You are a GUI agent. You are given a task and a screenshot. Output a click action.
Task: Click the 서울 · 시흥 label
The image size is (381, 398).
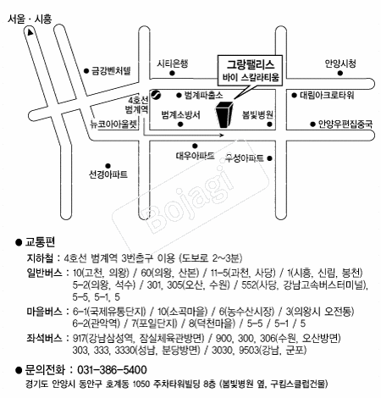pos(30,19)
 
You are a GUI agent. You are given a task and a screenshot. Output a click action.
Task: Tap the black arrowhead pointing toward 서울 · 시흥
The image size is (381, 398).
pos(30,32)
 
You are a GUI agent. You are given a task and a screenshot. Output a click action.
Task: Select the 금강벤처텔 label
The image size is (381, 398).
pos(111,70)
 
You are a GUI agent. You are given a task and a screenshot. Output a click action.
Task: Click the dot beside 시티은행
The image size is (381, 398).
pos(172,74)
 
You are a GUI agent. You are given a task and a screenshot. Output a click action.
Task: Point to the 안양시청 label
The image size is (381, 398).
pos(340,64)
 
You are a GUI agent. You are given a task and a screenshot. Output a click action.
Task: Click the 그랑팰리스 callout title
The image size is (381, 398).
pos(251,64)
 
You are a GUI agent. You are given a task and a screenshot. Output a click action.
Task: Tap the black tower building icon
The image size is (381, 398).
pos(224,114)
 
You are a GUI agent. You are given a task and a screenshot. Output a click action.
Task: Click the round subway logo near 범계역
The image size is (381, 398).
pos(156,95)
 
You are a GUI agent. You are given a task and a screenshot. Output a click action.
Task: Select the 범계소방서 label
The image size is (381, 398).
pos(180,114)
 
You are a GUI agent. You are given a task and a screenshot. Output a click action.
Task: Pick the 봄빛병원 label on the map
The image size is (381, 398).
pos(257,114)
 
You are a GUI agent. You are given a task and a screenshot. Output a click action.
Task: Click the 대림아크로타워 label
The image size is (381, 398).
pos(327,95)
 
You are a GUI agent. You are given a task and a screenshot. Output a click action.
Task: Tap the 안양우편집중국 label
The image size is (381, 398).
pos(345,124)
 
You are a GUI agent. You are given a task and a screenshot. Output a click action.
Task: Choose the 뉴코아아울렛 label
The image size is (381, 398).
pos(113,124)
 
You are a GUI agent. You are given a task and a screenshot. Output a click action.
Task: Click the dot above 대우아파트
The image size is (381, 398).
pos(195,146)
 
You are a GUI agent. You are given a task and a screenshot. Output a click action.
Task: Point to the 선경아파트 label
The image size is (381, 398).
pos(108,174)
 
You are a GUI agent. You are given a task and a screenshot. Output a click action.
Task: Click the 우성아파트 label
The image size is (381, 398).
pos(245,158)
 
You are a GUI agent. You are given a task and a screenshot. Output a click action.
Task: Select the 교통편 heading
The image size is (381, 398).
pos(40,242)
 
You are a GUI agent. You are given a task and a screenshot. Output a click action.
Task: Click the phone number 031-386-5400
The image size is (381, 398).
pos(112,370)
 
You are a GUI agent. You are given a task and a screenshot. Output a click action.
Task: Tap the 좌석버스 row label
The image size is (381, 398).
pos(44,338)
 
